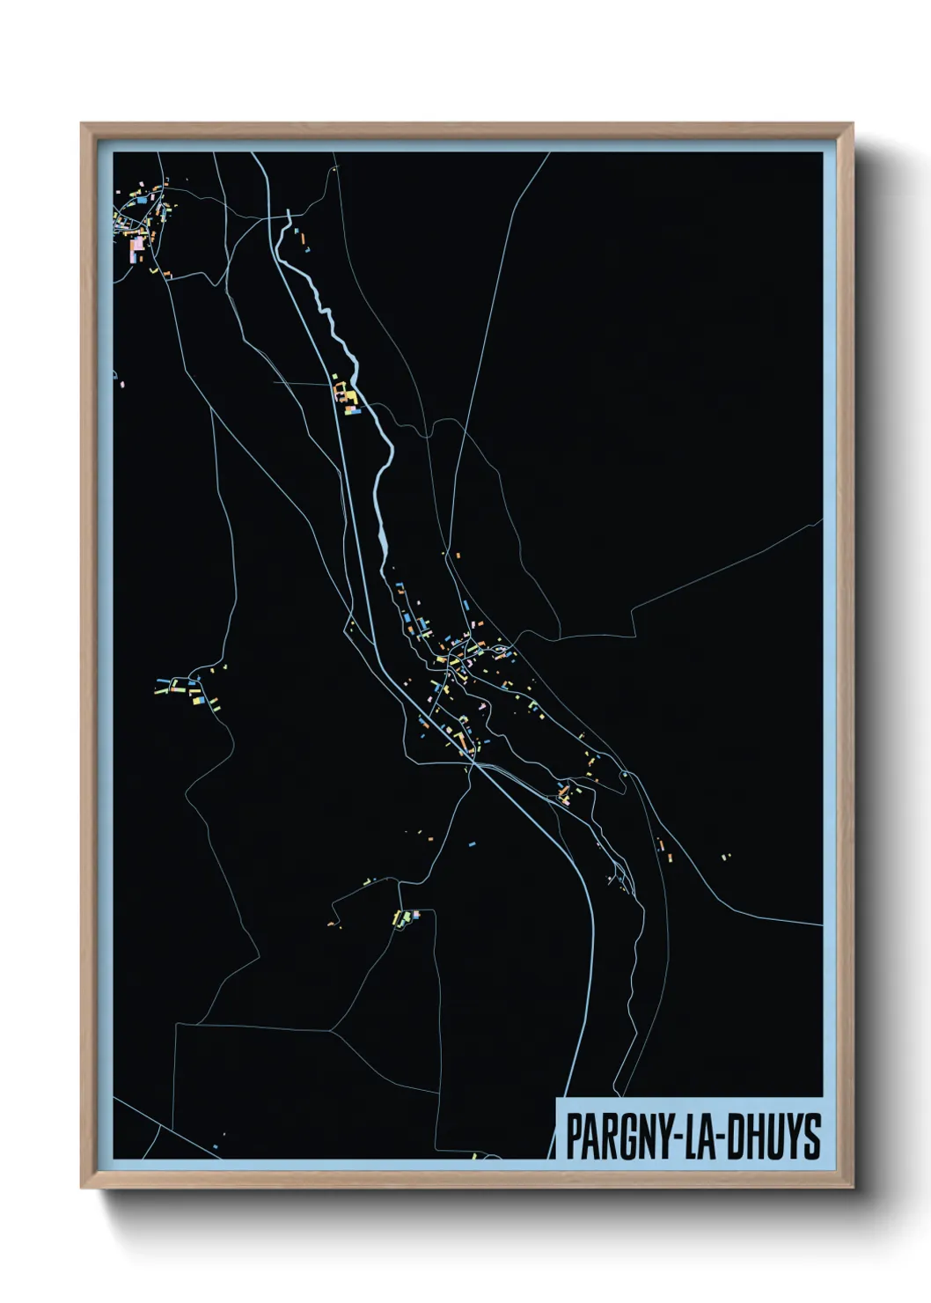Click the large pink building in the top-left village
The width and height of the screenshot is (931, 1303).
137,250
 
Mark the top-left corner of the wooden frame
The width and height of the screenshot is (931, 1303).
82,124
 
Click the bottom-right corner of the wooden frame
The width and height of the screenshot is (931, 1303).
853,1188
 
